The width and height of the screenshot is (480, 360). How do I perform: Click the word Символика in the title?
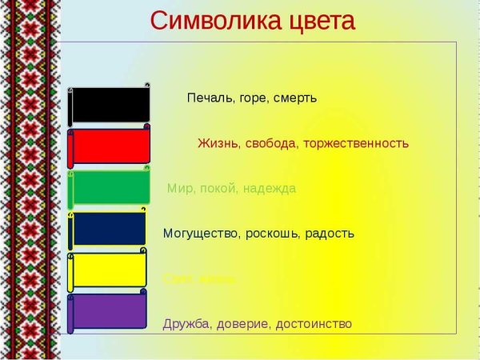206,22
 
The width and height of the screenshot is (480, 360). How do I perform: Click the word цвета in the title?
313,22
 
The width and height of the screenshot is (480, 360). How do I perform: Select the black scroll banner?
110,105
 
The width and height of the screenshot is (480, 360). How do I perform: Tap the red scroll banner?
110,146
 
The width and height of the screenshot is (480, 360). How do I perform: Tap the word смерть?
296,98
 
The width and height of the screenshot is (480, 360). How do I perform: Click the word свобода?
270,144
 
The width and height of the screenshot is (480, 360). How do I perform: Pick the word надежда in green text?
269,189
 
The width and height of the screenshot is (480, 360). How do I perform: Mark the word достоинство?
314,324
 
